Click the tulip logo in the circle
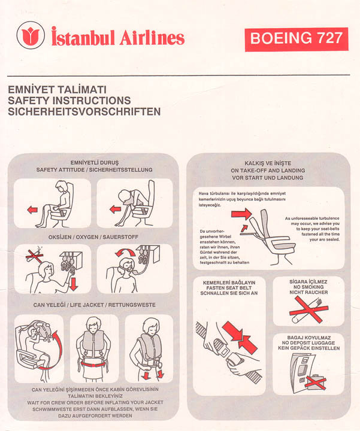31,35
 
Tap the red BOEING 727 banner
297,39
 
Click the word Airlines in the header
152,38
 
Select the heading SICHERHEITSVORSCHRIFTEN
84,111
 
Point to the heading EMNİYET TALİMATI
57,90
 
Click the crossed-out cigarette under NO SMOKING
308,310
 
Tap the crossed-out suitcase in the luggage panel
316,381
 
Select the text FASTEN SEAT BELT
229,288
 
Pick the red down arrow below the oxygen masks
74,284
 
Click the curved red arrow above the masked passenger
125,253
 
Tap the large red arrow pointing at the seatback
241,214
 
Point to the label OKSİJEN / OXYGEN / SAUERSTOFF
93,237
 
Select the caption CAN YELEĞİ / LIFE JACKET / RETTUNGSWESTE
94,305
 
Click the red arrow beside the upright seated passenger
32,210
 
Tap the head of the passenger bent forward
125,196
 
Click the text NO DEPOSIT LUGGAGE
308,343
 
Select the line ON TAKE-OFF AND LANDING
268,171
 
